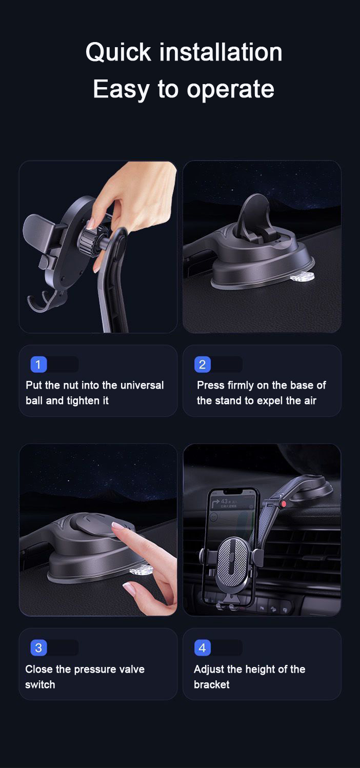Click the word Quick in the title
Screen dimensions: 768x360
(x=118, y=52)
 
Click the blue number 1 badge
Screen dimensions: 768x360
(x=39, y=365)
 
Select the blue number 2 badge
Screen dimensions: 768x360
(x=202, y=365)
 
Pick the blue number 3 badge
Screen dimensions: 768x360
(x=38, y=648)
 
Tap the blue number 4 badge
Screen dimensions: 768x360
(x=202, y=648)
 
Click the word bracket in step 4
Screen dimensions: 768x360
(x=211, y=684)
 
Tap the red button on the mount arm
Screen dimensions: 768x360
(x=283, y=504)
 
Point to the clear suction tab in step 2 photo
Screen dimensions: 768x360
(x=302, y=277)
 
